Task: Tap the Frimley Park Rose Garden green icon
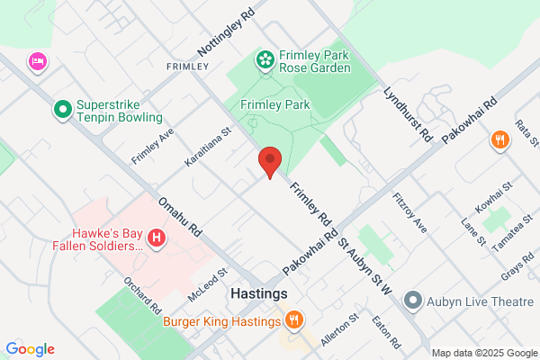265,60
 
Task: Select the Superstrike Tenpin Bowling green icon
62,111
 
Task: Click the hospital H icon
157,238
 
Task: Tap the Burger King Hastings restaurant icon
294,320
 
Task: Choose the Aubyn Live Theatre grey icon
413,299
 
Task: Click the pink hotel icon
38,61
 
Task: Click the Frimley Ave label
152,145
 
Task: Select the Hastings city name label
258,294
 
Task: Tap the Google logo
30,349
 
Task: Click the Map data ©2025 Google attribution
482,353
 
